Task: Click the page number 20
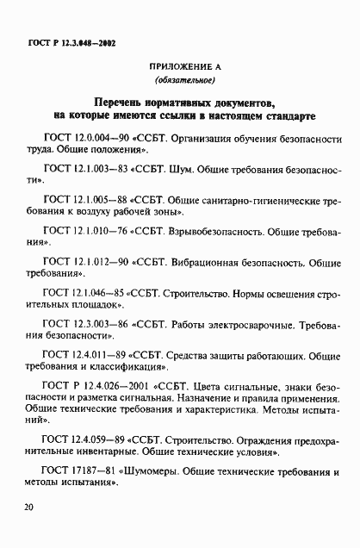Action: [28, 508]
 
